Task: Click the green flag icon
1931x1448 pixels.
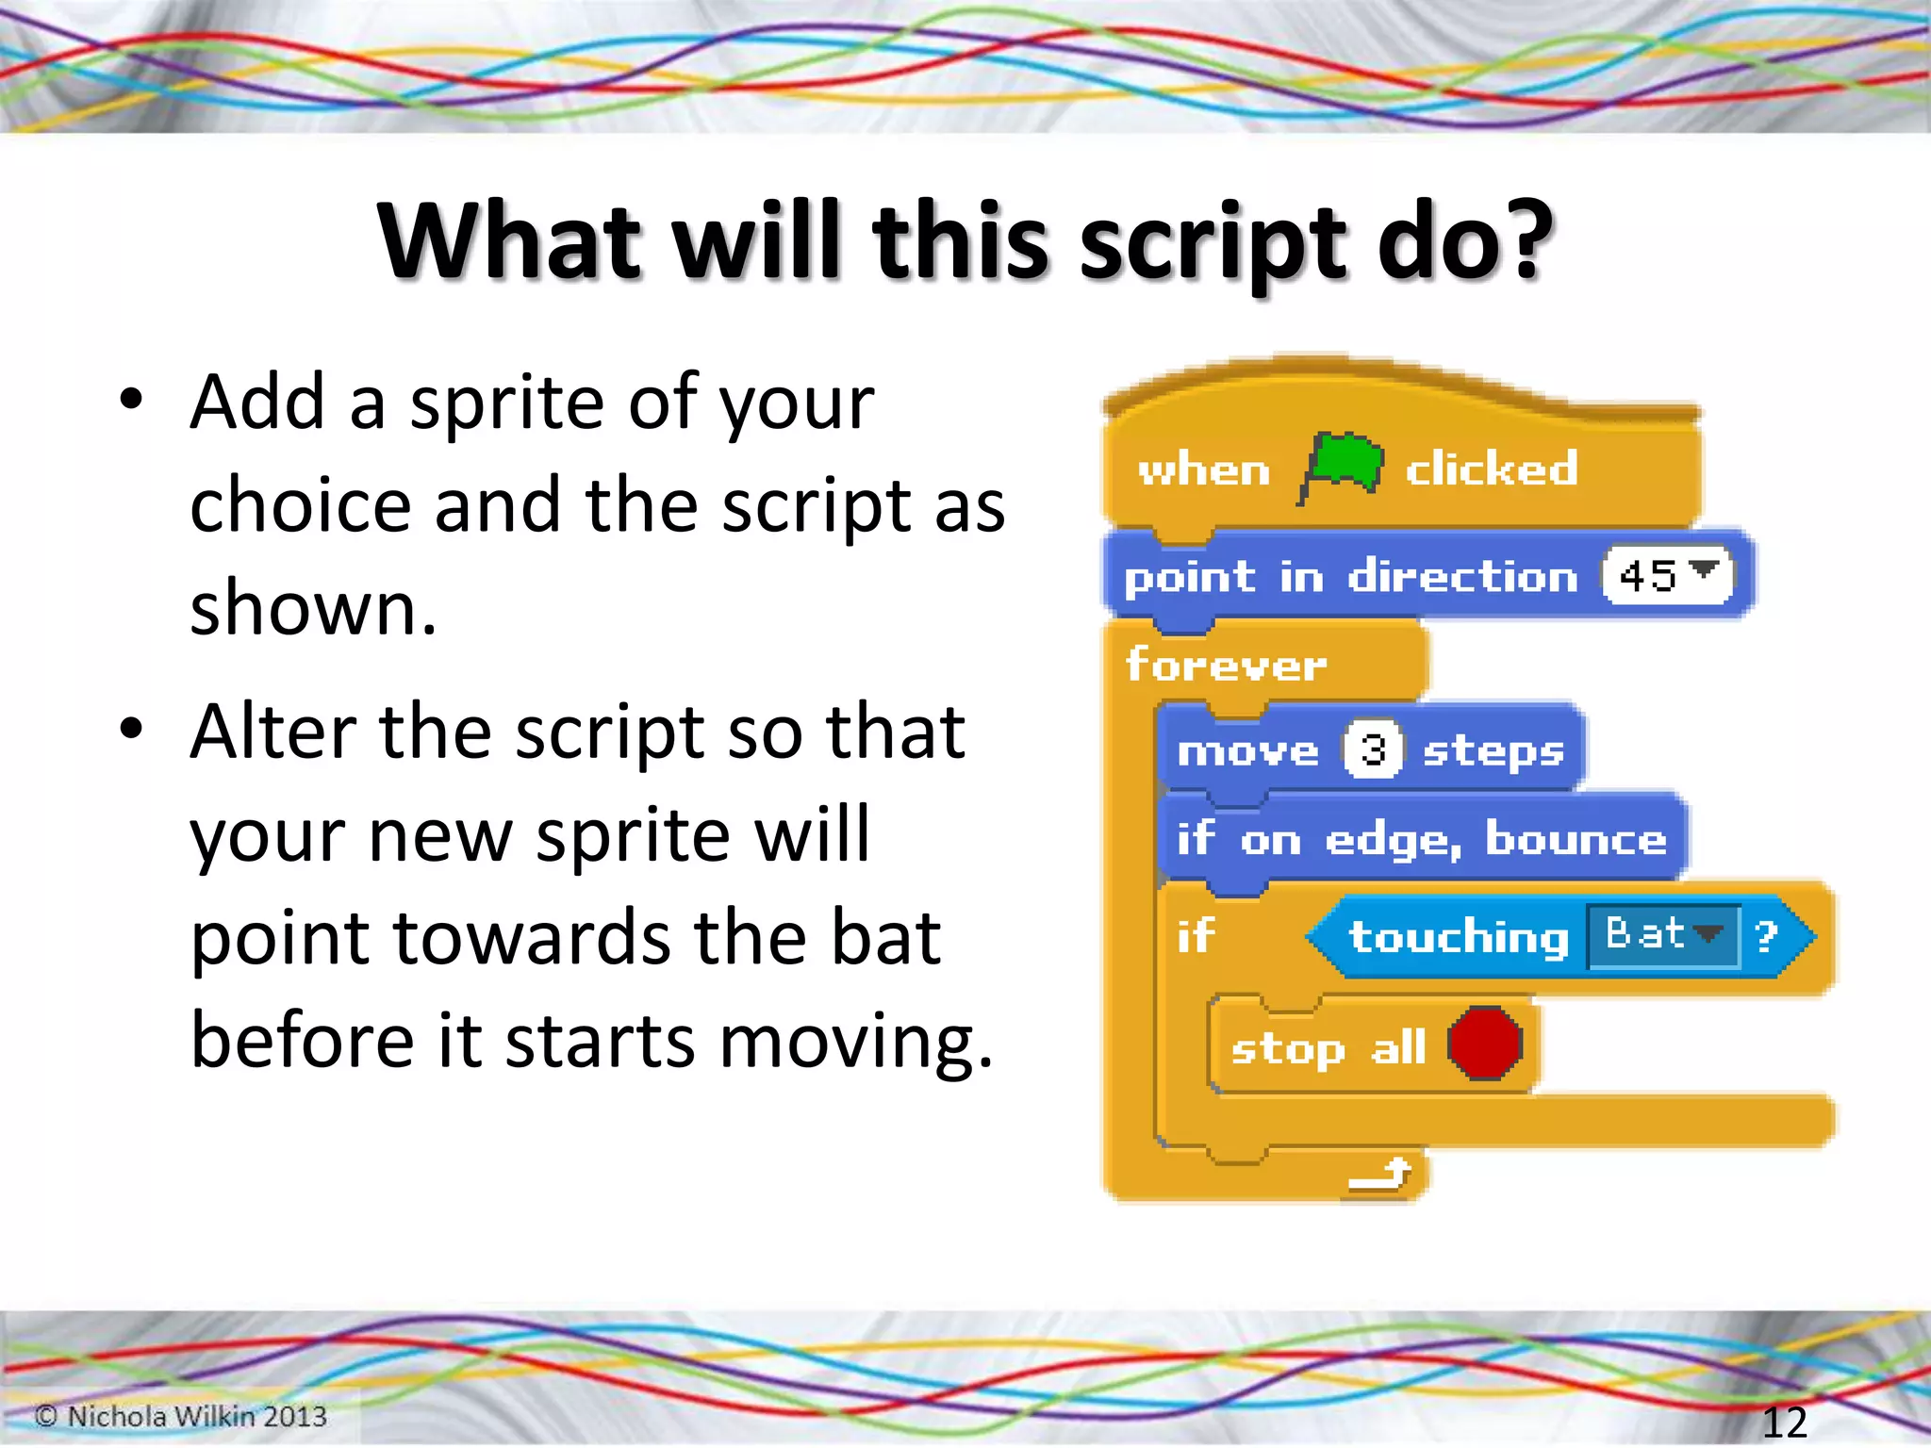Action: (x=1343, y=466)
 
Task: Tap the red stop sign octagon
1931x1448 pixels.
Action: (x=1485, y=1044)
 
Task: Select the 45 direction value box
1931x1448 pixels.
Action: (x=1666, y=575)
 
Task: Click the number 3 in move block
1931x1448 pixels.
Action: (x=1373, y=750)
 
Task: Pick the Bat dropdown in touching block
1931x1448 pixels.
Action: (x=1663, y=935)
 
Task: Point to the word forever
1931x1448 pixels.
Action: (x=1226, y=665)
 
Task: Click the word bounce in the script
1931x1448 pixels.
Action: (x=1576, y=839)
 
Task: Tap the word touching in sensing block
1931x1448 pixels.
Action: (x=1458, y=936)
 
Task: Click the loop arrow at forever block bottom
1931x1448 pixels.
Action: (x=1380, y=1174)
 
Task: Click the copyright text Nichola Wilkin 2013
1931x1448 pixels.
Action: (x=181, y=1416)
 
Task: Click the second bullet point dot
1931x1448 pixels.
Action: (x=131, y=728)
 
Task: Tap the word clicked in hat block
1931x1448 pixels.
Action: (x=1491, y=469)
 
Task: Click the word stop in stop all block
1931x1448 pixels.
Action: (x=1287, y=1047)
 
